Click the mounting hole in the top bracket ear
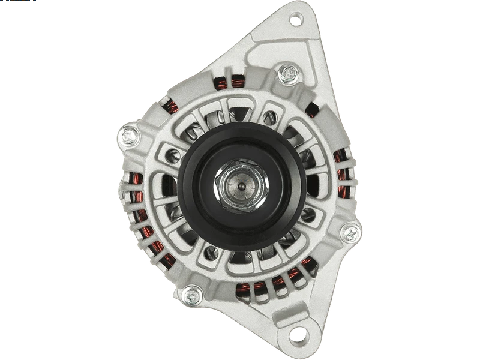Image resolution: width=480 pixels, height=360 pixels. coord(296,19)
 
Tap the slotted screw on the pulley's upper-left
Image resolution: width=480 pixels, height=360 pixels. coord(173,155)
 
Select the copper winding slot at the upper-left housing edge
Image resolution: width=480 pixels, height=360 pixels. coord(172,108)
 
